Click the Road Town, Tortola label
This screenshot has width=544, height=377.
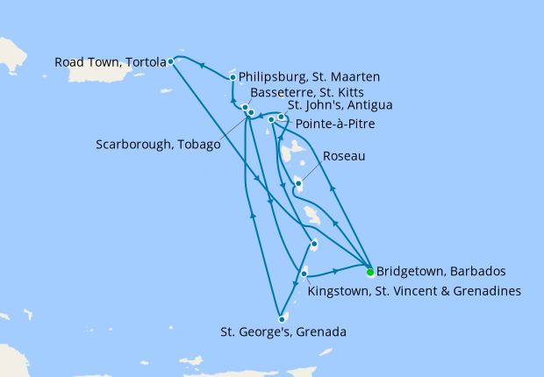(x=111, y=62)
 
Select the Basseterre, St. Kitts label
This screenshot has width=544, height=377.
(x=303, y=92)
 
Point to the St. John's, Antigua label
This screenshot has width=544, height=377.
(x=340, y=106)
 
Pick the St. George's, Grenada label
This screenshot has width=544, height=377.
(x=283, y=332)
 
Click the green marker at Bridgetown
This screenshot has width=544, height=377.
(x=370, y=271)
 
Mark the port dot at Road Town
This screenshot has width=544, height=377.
(x=171, y=62)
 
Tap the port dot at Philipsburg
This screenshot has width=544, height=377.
(x=233, y=77)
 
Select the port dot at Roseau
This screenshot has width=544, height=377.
(x=299, y=184)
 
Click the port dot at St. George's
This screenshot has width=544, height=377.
(x=281, y=319)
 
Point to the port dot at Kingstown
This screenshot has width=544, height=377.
(x=304, y=274)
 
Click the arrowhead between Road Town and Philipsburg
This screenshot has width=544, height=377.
(x=201, y=65)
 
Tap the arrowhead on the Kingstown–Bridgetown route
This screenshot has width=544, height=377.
(x=336, y=271)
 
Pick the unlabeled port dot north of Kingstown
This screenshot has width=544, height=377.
(x=313, y=244)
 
